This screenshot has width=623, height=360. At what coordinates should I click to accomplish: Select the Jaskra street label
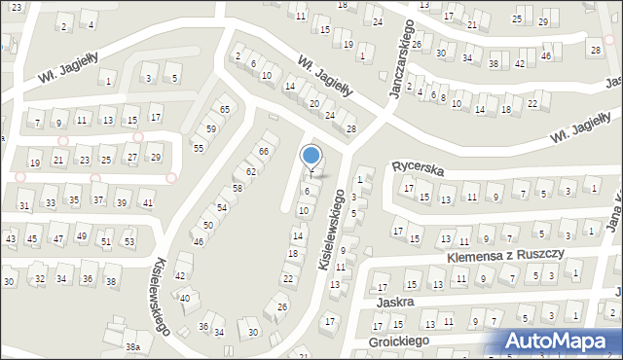click(395, 303)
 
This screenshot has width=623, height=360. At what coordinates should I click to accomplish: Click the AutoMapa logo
click(565, 341)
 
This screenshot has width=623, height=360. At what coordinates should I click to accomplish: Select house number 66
click(263, 152)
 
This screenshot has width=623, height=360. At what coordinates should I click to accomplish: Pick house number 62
click(250, 171)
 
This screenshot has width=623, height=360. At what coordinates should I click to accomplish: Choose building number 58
click(237, 188)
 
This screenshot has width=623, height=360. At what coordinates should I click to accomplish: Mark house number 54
click(222, 208)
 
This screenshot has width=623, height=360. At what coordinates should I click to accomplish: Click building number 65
click(225, 110)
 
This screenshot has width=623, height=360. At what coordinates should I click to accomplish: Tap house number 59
click(210, 128)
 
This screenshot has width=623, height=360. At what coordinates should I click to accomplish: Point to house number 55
click(198, 148)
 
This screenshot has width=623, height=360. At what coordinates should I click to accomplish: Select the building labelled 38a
click(132, 347)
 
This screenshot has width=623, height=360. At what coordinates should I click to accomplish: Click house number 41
click(147, 202)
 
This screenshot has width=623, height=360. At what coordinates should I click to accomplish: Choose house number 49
click(84, 236)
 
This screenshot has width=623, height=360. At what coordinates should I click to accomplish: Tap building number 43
click(11, 238)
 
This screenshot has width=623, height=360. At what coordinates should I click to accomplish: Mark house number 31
click(24, 205)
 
